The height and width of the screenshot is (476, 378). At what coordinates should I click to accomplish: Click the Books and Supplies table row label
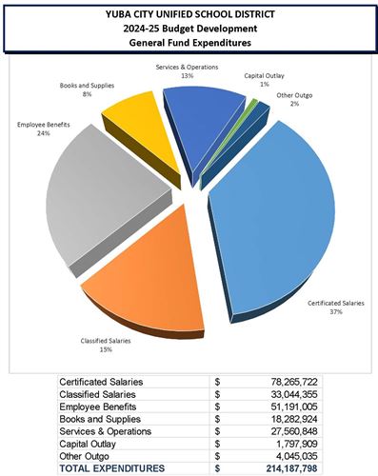[104, 418]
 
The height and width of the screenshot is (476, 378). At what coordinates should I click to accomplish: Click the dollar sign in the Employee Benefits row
[218, 406]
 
